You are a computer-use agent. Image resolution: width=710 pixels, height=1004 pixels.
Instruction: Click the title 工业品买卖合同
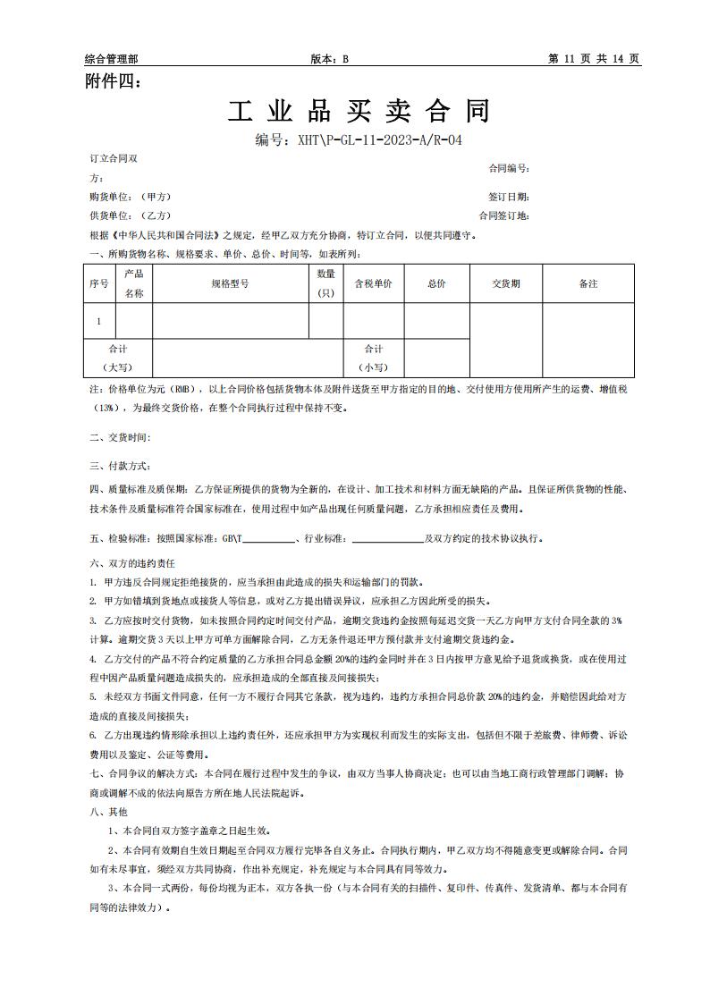(359, 112)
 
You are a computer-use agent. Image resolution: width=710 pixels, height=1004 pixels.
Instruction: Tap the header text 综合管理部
(111, 59)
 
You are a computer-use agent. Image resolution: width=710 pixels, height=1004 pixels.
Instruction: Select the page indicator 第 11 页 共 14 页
(593, 59)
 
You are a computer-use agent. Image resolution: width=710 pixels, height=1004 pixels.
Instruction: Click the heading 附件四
(112, 82)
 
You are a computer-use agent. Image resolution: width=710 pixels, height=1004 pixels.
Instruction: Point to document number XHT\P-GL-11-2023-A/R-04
(359, 140)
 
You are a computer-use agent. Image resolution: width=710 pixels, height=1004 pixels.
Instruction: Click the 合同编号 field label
(509, 168)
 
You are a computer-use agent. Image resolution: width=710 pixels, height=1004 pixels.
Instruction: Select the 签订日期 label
(509, 197)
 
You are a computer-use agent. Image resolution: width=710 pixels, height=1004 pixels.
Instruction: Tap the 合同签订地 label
(504, 215)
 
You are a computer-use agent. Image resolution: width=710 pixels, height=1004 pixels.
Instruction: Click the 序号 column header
(98, 283)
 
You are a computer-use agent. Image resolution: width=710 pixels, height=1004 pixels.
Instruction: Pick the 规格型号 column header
(230, 283)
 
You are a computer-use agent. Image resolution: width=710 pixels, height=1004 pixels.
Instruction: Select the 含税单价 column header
(374, 283)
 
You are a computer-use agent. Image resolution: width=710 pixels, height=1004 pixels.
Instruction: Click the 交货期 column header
(505, 283)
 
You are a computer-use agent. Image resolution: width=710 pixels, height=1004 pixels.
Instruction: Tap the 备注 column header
(587, 283)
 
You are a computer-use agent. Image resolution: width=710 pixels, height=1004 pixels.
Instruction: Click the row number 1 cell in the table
(98, 321)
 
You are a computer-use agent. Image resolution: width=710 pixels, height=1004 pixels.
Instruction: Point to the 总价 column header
(436, 283)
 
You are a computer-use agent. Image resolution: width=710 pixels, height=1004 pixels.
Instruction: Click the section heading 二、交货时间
(120, 437)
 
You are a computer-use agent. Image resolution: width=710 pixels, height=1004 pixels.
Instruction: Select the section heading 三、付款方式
(120, 466)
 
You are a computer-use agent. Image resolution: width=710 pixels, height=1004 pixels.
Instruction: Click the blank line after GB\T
(269, 540)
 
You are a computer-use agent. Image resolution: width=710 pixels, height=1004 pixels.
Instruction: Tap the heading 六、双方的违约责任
(132, 563)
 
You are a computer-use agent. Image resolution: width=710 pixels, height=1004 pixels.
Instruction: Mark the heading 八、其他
(108, 812)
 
